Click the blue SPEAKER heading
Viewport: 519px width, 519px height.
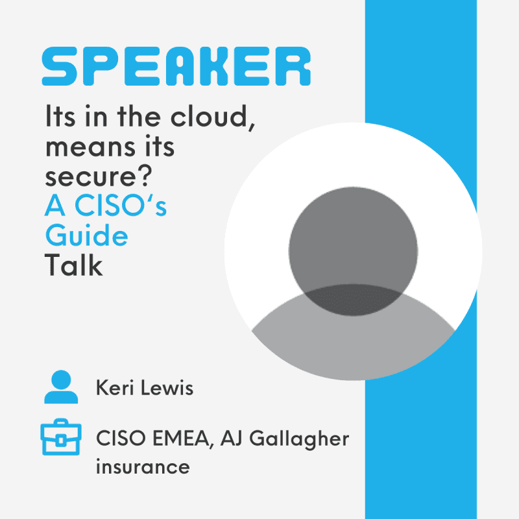coord(176,66)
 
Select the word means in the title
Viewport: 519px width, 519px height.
coord(90,147)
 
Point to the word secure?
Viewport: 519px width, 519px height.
coord(99,176)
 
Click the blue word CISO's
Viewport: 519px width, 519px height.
coord(121,205)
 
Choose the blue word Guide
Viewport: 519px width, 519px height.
coord(87,235)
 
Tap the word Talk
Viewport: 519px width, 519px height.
coord(73,265)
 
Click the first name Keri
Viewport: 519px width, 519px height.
coord(115,387)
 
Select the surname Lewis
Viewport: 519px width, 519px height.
coord(167,387)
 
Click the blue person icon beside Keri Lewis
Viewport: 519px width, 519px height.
coord(61,387)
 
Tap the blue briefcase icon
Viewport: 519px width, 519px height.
coord(61,437)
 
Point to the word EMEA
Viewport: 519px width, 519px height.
coord(182,439)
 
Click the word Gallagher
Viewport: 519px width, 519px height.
coord(299,439)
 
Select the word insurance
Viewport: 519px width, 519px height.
coord(143,466)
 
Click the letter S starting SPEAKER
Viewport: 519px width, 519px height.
coord(59,66)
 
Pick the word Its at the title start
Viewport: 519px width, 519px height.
coord(60,116)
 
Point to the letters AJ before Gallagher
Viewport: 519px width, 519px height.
coord(232,439)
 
